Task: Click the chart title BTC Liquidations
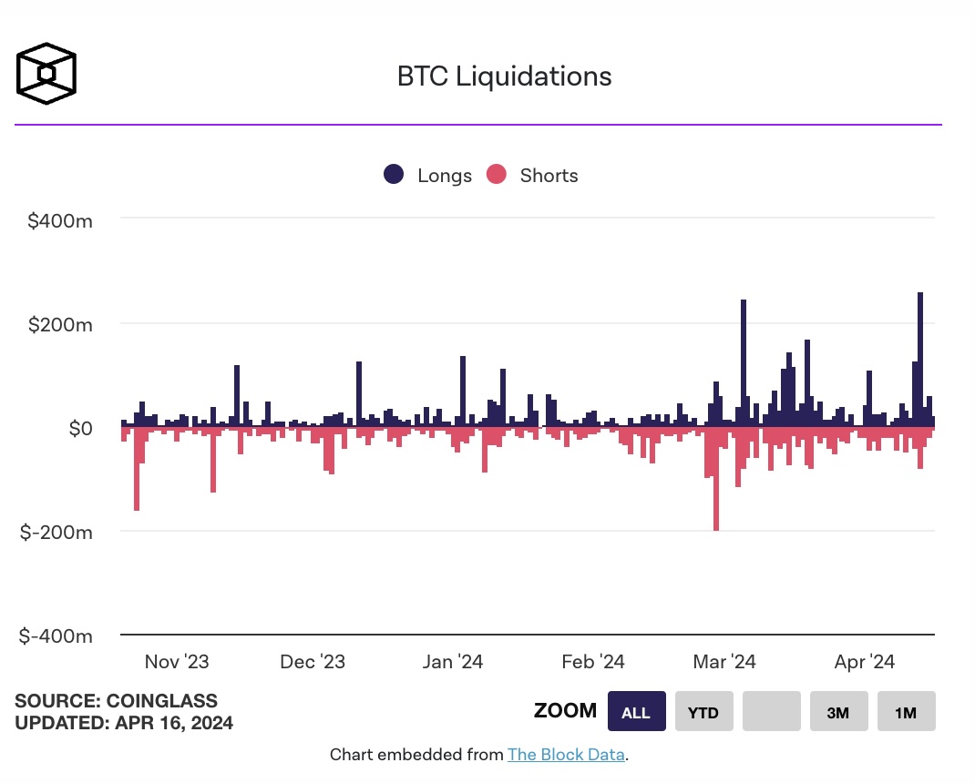click(504, 76)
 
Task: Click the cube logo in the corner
click(46, 73)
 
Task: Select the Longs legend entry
click(428, 176)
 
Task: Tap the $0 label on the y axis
click(80, 428)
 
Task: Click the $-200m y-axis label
click(56, 532)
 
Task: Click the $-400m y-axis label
click(56, 636)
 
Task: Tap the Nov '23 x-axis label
click(176, 662)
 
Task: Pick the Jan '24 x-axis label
click(452, 662)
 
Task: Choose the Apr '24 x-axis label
click(864, 662)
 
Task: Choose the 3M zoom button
click(838, 712)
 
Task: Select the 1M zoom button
click(906, 712)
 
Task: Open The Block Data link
click(566, 755)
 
